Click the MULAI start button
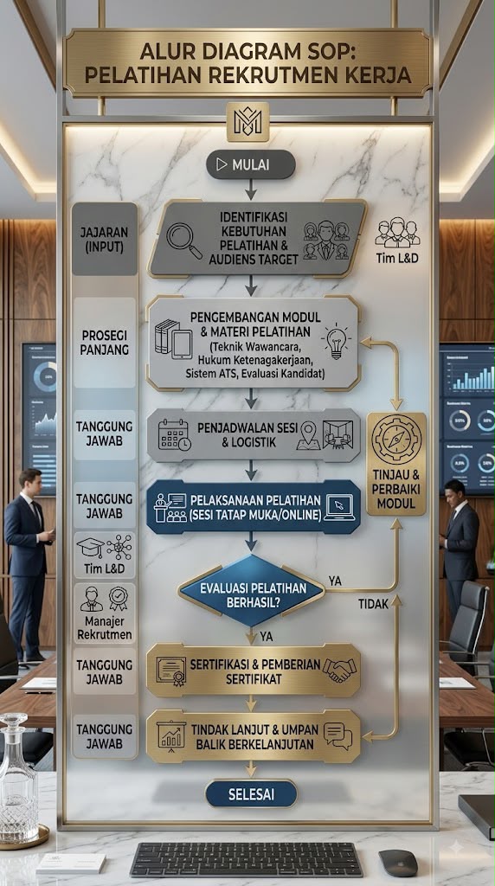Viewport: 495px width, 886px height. click(251, 164)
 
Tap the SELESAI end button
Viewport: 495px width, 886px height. click(251, 794)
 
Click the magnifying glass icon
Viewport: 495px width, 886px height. click(184, 241)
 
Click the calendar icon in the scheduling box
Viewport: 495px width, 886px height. click(174, 434)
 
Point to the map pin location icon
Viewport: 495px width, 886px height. click(308, 436)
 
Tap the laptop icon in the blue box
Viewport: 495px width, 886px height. click(339, 507)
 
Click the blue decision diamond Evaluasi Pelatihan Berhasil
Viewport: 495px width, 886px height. click(252, 590)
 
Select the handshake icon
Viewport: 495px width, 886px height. click(339, 671)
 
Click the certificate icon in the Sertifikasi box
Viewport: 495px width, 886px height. click(171, 671)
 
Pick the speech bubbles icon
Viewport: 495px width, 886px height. click(337, 735)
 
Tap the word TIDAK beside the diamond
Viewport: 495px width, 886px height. click(374, 604)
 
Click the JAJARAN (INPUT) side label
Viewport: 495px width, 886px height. click(105, 239)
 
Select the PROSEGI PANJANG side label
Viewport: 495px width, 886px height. click(105, 343)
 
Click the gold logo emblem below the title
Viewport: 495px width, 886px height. click(247, 122)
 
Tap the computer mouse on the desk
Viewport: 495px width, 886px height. click(398, 863)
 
